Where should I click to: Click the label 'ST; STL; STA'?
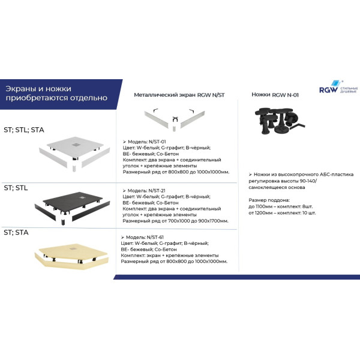pyautogui.click(x=24, y=129)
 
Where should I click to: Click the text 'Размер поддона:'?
pyautogui.click(x=268, y=199)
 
